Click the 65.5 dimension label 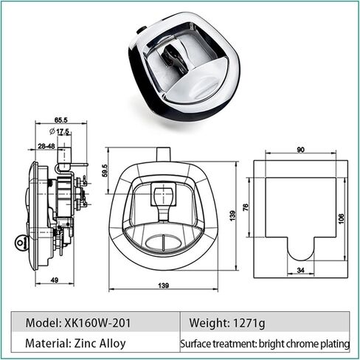60,120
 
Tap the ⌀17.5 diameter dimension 59,131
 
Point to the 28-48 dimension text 46,146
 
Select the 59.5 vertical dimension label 105,170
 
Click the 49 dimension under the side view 55,280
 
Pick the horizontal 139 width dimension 164,285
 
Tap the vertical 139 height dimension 232,215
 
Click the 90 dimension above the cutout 300,150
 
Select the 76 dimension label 246,207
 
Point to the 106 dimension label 342,218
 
